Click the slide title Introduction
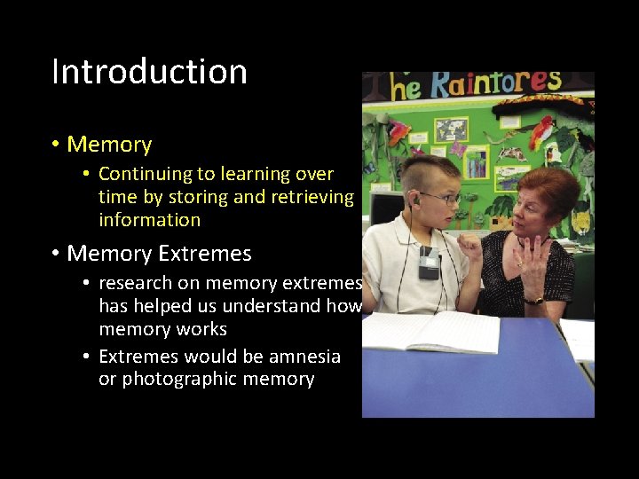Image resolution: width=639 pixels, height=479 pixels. pos(149,72)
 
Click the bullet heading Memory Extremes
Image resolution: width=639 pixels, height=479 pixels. pos(159,254)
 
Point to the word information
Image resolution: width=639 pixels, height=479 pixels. pos(149,220)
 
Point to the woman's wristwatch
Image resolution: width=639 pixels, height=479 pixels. pos(534,301)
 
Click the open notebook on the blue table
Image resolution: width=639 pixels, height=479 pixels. pos(430,332)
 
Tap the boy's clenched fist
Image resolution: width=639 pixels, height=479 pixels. pos(470,247)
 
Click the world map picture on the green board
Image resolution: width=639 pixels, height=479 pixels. pos(451,130)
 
